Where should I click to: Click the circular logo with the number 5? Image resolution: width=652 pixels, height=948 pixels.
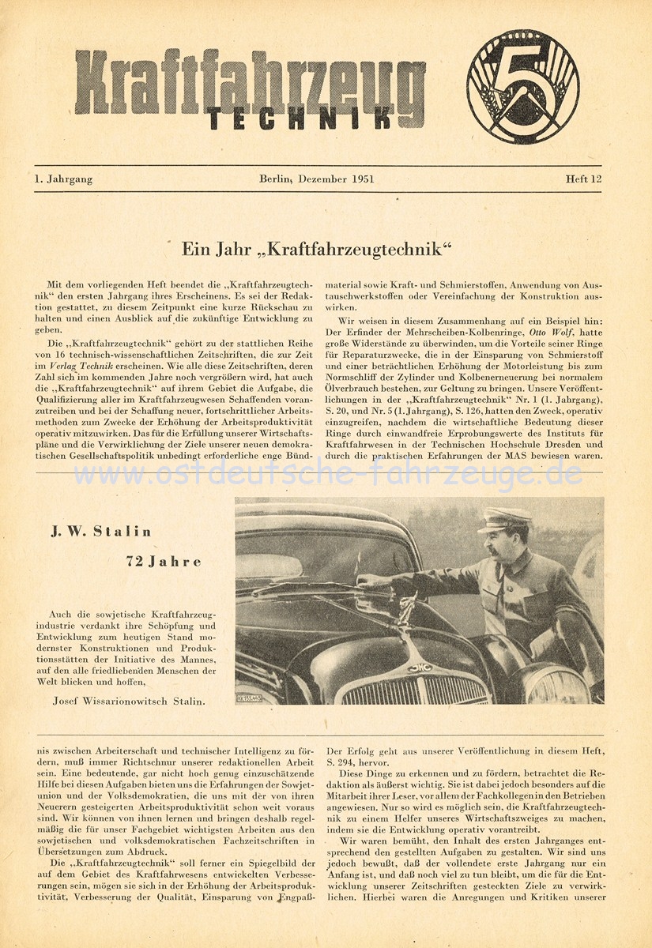click(522, 87)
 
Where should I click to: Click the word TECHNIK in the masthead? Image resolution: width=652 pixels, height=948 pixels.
click(300, 117)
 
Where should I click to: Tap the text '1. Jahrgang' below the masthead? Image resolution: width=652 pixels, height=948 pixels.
click(63, 179)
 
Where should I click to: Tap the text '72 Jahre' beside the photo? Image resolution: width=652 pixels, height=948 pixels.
click(164, 562)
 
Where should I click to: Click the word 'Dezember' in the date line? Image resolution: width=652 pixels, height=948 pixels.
click(319, 179)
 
